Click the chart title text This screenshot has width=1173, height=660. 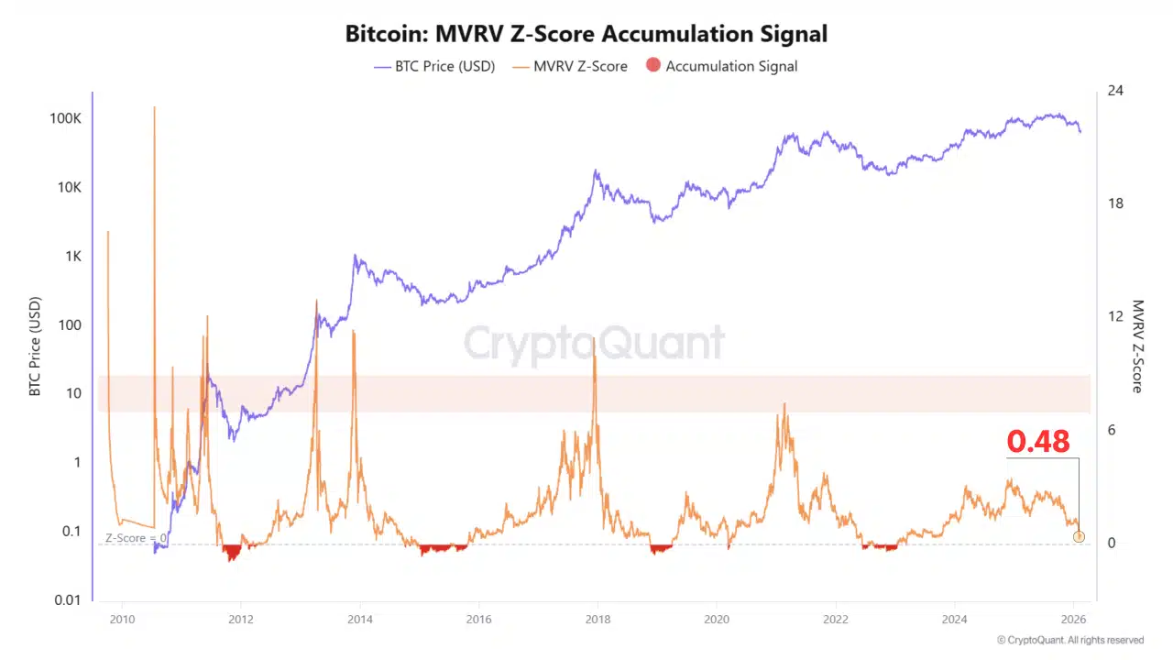pos(586,34)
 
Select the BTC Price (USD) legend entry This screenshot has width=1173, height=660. pos(434,67)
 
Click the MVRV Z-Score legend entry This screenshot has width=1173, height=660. pos(570,67)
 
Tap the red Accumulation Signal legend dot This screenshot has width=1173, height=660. pos(653,65)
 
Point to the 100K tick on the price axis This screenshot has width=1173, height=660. pos(65,118)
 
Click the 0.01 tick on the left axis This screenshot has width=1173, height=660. pos(68,599)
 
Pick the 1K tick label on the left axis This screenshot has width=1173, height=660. pos(73,256)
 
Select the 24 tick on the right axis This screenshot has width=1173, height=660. pos(1115,91)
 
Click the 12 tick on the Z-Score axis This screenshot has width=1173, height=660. pos(1115,316)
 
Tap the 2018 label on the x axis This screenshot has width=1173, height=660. pos(597,620)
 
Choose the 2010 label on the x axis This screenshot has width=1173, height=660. pos(122,620)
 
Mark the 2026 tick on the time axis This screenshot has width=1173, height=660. pos(1073,620)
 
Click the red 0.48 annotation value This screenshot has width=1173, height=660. pos(1038,442)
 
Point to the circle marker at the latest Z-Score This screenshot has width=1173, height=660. pos(1079,537)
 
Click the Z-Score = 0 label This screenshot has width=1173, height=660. pos(136,538)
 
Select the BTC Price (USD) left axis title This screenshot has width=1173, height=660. pos(35,346)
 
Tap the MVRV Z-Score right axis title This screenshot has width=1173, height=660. pos(1137,346)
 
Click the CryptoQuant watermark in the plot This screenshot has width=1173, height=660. pos(595,343)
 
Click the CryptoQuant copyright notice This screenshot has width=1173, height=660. pos(1069,640)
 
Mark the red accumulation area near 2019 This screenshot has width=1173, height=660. pos(661,549)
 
